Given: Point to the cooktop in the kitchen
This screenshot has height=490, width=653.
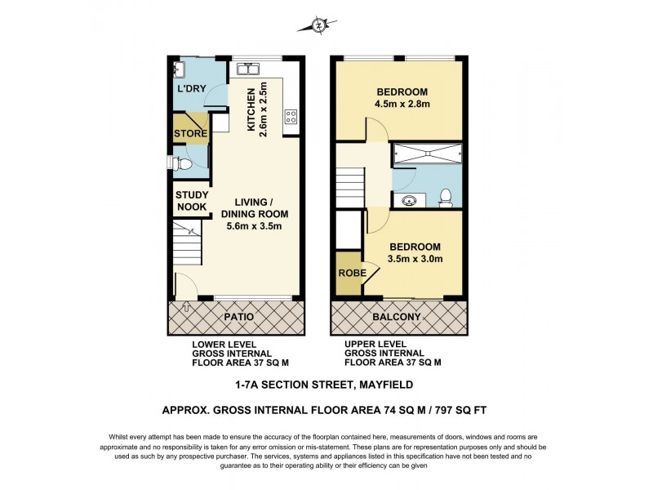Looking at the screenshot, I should tap(290, 117).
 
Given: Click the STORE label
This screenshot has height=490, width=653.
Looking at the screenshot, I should tap(190, 134).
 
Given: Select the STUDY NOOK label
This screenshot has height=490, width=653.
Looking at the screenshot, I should tap(192, 201).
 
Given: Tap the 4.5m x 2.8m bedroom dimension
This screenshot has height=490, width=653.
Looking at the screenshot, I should tap(402, 104).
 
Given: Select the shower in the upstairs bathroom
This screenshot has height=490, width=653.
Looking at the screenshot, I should tap(427, 153).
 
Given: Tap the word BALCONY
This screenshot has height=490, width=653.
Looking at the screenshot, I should tap(398, 317).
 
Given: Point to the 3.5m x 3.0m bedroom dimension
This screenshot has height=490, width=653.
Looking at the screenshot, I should tap(415, 260).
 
